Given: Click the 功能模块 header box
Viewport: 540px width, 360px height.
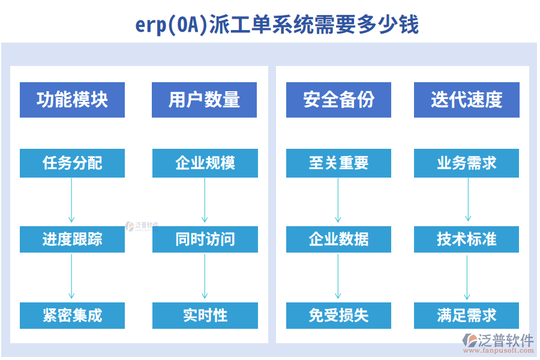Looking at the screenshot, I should pos(72,100).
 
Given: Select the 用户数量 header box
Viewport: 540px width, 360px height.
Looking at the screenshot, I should pos(205,100).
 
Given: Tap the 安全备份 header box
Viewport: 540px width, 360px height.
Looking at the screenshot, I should pos(338,100).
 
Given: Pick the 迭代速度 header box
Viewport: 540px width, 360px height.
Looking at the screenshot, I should pos(466,100).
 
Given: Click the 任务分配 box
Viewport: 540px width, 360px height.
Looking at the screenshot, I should pos(72,163).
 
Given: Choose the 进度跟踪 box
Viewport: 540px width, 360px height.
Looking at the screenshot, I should pos(72,239).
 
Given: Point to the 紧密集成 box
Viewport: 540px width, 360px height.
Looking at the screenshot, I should pos(72,316).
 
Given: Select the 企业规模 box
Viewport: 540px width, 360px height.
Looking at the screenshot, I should pos(205,163).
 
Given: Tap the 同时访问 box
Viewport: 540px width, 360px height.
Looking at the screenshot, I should pos(205,239).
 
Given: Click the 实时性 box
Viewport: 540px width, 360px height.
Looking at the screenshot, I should pos(205,316).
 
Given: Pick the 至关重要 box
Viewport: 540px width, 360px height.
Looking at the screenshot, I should pos(338,163).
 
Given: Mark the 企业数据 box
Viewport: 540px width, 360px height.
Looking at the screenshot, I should pos(338,239).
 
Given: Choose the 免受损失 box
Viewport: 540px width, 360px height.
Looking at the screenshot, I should pos(338,316).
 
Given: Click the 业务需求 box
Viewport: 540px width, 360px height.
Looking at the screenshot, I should pos(466,163).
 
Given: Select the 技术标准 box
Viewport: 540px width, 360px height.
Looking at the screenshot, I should pos(466,239).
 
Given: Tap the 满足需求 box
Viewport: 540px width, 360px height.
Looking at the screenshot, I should pos(466,316).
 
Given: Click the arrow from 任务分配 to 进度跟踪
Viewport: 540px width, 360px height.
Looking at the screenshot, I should pos(71,201).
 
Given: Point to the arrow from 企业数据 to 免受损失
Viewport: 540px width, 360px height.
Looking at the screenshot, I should pos(338,277).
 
